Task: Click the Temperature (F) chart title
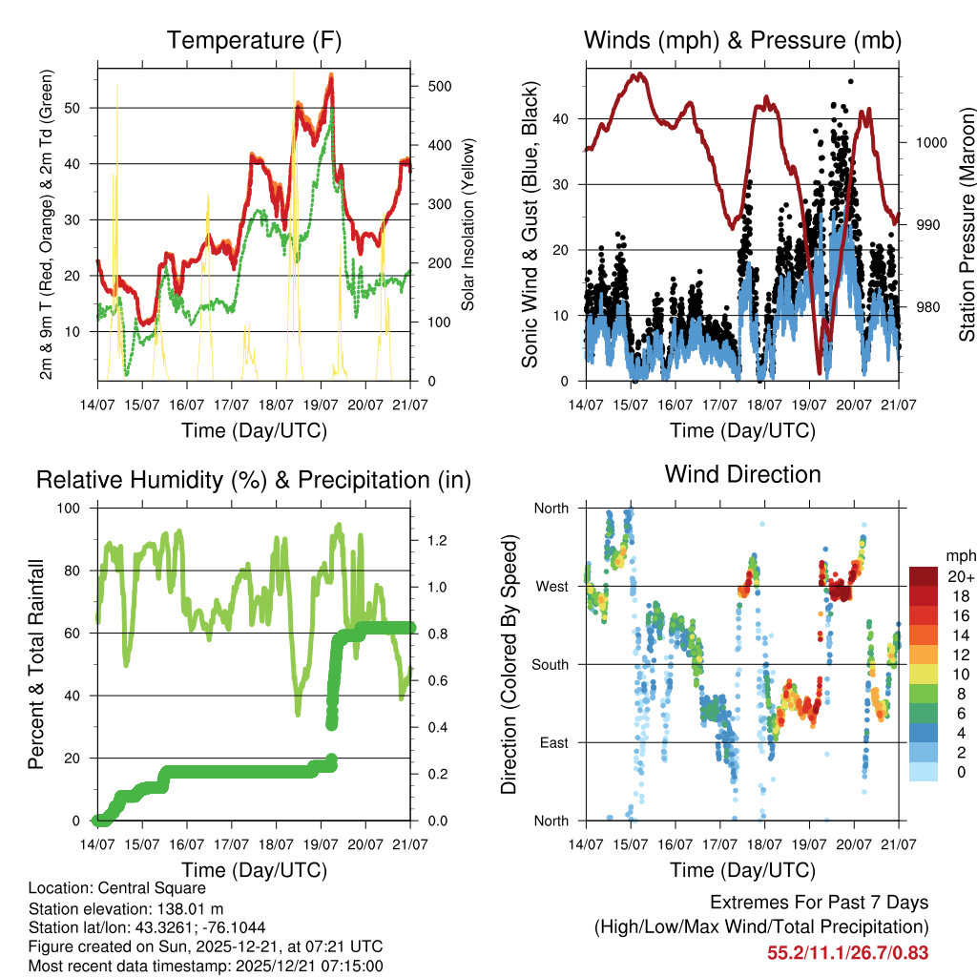coord(254,40)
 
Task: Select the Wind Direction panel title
coord(742,473)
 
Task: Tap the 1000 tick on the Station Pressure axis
coord(927,142)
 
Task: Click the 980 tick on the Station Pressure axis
coord(924,307)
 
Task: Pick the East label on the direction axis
coord(552,742)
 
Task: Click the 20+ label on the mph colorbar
coord(959,576)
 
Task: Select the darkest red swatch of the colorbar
coord(923,575)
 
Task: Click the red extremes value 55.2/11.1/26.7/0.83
coord(847,953)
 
